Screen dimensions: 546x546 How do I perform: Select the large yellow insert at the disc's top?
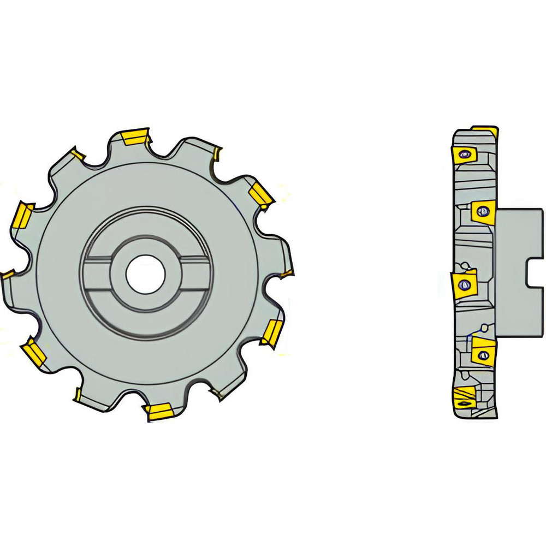click(135, 136)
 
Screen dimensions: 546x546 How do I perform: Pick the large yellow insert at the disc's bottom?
click(157, 412)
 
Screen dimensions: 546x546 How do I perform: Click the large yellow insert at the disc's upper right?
click(260, 195)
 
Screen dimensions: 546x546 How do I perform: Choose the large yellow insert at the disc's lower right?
click(271, 333)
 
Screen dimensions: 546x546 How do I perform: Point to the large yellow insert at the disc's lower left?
click(34, 352)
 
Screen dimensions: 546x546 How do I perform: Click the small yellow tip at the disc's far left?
click(7, 275)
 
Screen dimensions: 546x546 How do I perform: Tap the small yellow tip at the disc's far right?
click(288, 271)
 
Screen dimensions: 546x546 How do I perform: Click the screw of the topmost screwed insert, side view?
click(464, 155)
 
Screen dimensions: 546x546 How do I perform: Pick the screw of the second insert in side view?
click(483, 211)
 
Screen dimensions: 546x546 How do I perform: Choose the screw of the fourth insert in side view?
click(482, 355)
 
